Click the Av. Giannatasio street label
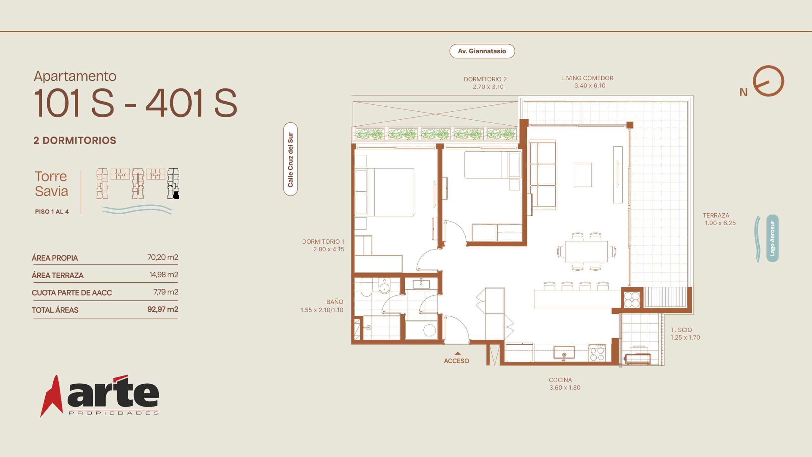(482, 51)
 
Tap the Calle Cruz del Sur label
(290, 159)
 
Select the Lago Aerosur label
(772, 238)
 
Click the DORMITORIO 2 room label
(485, 79)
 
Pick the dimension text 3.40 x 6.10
(590, 86)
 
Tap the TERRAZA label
(716, 215)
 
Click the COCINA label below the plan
(560, 380)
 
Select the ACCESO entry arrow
(457, 353)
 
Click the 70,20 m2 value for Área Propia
(163, 257)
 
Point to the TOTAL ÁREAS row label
(55, 310)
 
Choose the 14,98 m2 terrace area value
(164, 275)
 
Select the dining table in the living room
(586, 251)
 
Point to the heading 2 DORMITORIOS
(75, 140)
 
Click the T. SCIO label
(681, 330)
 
